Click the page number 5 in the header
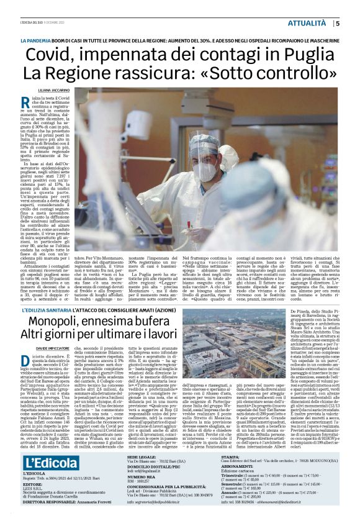tap(337, 24)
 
